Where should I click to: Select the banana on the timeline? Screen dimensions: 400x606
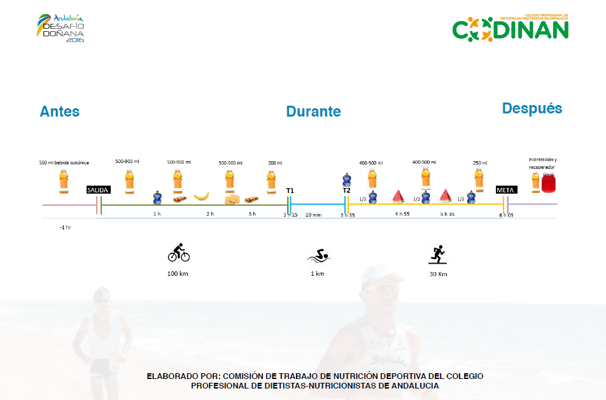point(201,196)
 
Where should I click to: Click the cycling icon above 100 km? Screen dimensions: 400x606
point(178,253)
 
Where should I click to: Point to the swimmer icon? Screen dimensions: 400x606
point(318,257)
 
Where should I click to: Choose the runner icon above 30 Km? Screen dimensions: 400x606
point(437,255)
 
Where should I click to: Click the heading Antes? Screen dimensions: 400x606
point(59,111)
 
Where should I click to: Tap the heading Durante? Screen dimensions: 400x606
point(313,111)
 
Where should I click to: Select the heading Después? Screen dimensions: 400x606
point(532,108)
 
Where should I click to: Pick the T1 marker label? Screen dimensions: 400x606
point(290,190)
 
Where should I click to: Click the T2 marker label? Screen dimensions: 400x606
point(346,190)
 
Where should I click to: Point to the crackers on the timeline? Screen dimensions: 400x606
point(230,200)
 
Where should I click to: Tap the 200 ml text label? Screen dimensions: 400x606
point(275,163)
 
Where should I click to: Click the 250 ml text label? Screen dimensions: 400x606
point(480,163)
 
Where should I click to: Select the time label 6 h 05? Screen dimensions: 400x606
point(506,215)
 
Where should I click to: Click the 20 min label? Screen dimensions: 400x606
point(313,215)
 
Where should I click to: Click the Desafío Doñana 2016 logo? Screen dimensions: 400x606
point(61,27)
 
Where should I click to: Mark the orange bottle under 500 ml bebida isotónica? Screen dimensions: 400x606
point(63,181)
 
